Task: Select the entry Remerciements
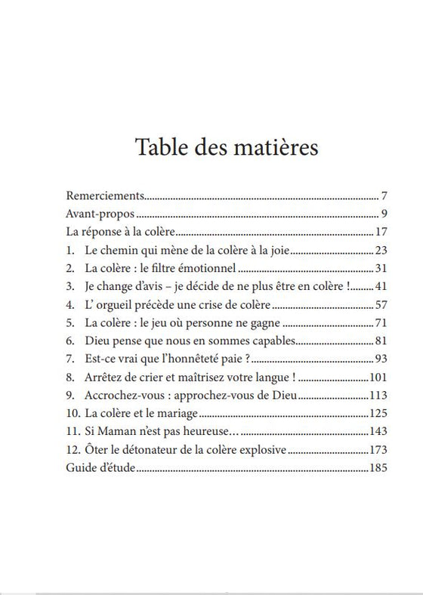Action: pos(105,196)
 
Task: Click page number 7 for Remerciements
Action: pos(384,196)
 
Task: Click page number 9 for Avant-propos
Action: pos(384,214)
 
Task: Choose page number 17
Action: pos(381,232)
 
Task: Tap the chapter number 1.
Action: pos(70,250)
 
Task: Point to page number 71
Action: pos(381,323)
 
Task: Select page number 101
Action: pos(378,378)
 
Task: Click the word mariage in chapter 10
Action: pos(174,414)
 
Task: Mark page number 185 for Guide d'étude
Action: pos(378,468)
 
